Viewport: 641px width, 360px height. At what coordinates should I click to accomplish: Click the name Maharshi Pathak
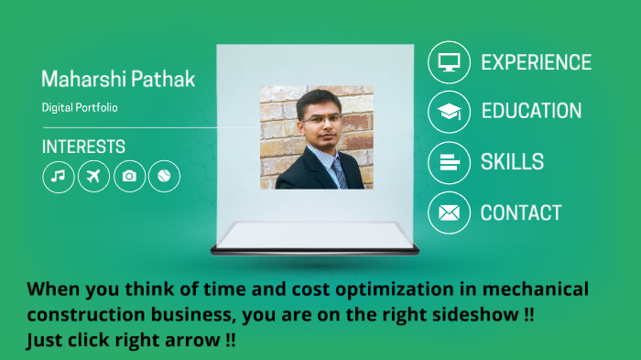tap(118, 79)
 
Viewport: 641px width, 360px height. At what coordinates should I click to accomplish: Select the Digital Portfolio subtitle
tap(80, 107)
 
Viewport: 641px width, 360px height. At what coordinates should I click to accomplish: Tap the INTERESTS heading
tap(83, 147)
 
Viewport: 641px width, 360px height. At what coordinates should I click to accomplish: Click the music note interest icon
tap(59, 176)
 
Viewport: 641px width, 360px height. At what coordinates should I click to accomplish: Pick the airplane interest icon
tap(93, 176)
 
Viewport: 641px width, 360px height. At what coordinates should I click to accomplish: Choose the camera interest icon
tap(129, 176)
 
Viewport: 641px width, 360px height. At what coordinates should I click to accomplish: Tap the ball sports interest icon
tap(164, 176)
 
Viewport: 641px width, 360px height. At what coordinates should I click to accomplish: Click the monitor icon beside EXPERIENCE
tap(449, 62)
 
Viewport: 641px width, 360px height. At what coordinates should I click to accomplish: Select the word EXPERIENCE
tap(536, 62)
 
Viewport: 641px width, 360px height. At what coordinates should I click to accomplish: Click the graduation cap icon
tap(449, 112)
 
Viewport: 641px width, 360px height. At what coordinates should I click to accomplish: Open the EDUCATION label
tap(531, 112)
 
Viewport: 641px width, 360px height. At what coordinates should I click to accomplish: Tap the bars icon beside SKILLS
tap(449, 162)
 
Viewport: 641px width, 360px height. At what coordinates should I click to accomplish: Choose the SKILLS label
tap(512, 162)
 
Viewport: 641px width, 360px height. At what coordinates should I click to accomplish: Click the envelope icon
tap(449, 213)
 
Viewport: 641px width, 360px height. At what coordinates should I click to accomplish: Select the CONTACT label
tap(521, 213)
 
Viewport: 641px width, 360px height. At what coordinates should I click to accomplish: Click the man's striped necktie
tap(337, 170)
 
